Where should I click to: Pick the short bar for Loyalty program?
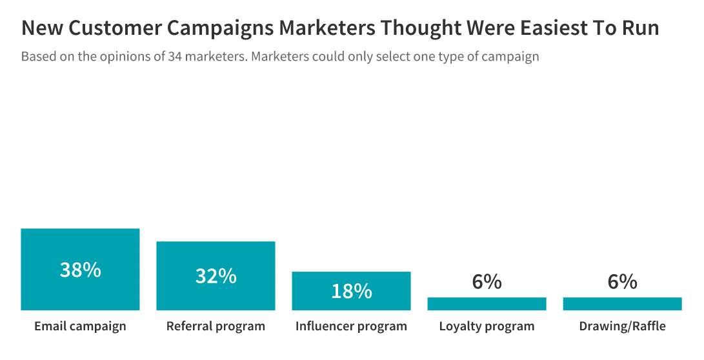click(x=487, y=304)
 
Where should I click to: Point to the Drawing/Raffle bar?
click(x=622, y=304)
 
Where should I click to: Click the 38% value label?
click(x=80, y=270)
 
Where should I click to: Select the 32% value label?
click(x=216, y=276)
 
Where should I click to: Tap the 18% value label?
click(x=351, y=291)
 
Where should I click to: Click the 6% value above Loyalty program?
click(x=487, y=282)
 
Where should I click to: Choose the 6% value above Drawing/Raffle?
click(x=622, y=282)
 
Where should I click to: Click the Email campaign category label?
click(x=80, y=326)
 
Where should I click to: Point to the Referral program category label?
click(x=216, y=326)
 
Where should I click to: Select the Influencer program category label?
click(x=351, y=326)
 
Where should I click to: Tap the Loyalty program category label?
click(x=487, y=326)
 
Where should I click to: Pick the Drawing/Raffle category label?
click(x=622, y=326)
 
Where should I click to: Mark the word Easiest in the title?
click(x=546, y=28)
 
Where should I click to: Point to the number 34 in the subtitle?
click(x=174, y=57)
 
